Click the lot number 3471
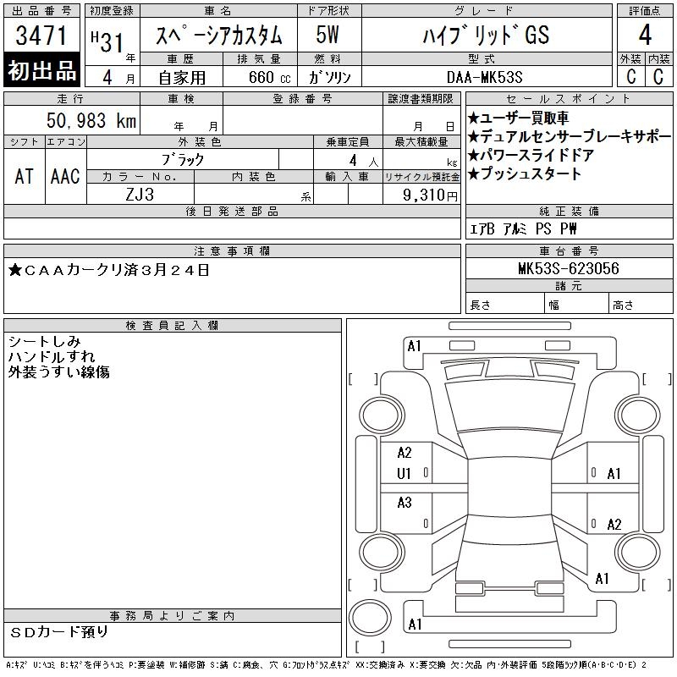[41, 36]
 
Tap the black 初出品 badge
[41, 70]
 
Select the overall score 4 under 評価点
[645, 35]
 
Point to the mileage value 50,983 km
[91, 120]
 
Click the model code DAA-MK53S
[484, 77]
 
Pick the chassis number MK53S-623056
[569, 268]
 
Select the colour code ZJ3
[140, 195]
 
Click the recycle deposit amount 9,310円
[430, 195]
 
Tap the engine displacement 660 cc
[269, 77]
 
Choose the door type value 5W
[327, 35]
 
